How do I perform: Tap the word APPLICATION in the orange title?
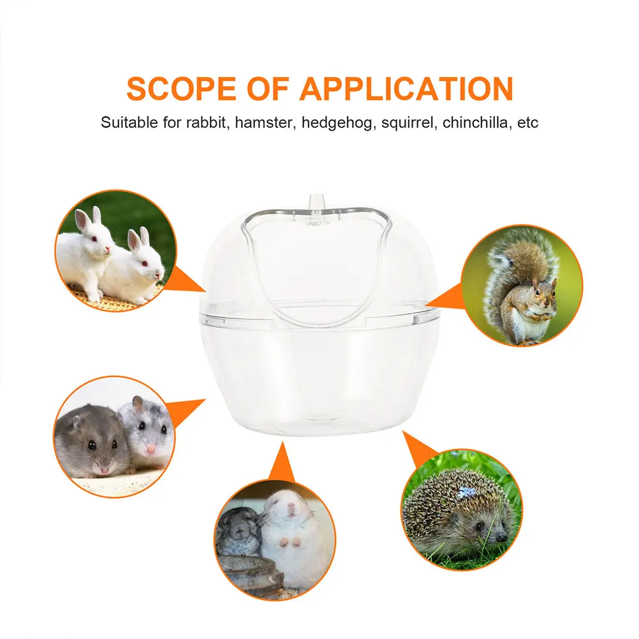pos(406,89)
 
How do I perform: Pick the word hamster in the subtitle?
pos(262,122)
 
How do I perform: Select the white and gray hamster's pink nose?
pos(151,448)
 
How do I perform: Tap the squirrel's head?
pos(544,292)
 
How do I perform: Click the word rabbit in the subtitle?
pos(206,122)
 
